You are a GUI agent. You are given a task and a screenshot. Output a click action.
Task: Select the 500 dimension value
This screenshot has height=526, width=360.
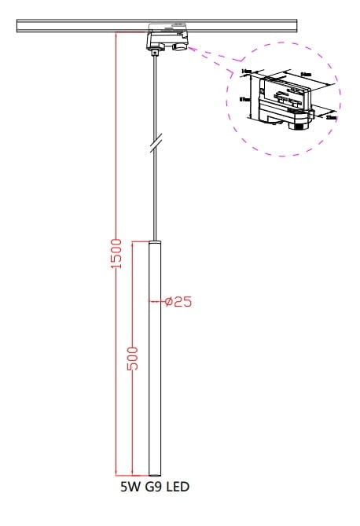click(133, 359)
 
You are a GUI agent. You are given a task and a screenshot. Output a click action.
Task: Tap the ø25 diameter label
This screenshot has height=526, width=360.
click(177, 301)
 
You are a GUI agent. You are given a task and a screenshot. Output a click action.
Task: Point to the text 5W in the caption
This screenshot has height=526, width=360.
click(127, 487)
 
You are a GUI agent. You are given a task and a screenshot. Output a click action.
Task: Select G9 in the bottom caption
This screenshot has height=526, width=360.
click(152, 487)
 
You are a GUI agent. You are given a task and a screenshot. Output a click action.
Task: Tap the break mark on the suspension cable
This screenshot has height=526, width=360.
click(156, 145)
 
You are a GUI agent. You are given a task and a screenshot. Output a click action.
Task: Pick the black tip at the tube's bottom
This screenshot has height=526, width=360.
click(154, 474)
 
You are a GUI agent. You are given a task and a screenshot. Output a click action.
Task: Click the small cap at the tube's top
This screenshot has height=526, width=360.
click(155, 240)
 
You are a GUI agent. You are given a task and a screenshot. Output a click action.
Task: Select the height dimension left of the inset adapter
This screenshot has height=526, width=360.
click(246, 100)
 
